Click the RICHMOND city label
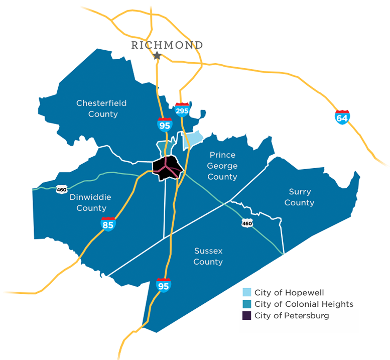[167, 45]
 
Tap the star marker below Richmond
[157, 56]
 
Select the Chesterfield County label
[101, 108]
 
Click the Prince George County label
[222, 166]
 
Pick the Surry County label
[300, 197]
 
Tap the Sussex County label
[208, 256]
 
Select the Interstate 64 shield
[342, 117]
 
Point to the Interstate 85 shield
[108, 224]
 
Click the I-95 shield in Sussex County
[164, 285]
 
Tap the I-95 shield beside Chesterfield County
[164, 124]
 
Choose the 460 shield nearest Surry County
[246, 222]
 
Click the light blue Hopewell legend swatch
[246, 292]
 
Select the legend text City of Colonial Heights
[304, 304]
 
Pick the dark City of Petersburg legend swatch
[246, 316]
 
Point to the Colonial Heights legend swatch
[246, 304]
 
